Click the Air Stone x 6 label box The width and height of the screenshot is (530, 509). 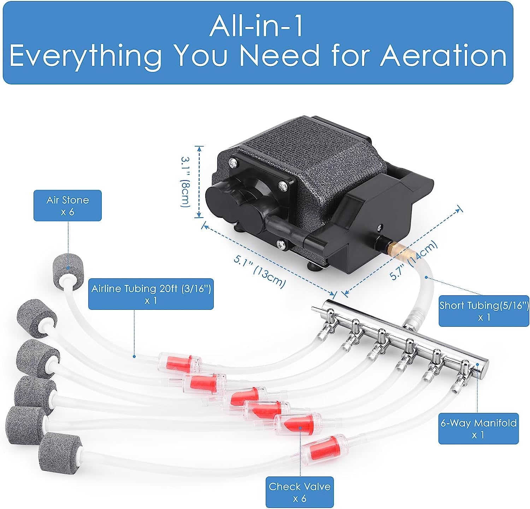(x=67, y=206)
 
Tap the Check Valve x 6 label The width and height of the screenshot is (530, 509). (x=300, y=492)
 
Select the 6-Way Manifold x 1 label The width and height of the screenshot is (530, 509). (x=478, y=428)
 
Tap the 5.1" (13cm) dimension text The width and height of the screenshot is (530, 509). (x=260, y=271)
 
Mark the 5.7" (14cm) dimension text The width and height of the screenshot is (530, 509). (x=414, y=260)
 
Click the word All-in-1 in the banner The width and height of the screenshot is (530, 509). (x=256, y=26)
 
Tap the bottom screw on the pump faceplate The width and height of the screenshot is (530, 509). (x=281, y=243)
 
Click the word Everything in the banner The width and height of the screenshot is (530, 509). (x=86, y=56)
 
